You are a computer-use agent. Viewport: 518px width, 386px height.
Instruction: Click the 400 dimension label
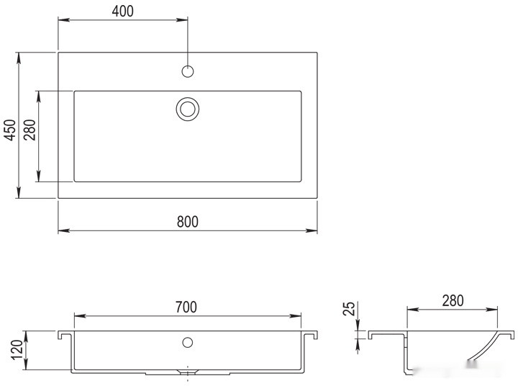coord(122,10)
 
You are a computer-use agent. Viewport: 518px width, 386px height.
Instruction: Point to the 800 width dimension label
coord(187,221)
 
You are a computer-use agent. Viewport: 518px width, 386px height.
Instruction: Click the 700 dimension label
coord(186,307)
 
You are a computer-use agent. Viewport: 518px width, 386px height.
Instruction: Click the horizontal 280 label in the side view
coord(453,300)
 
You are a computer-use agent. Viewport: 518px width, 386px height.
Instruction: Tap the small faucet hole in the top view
coord(188,71)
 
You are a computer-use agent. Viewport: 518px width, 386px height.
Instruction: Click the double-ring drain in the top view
coord(188,109)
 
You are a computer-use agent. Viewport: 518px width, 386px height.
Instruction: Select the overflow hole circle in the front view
coord(188,342)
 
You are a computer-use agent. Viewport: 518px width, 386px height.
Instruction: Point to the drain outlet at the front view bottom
coord(188,372)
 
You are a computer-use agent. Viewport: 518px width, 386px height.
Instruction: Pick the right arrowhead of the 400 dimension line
coord(183,19)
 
